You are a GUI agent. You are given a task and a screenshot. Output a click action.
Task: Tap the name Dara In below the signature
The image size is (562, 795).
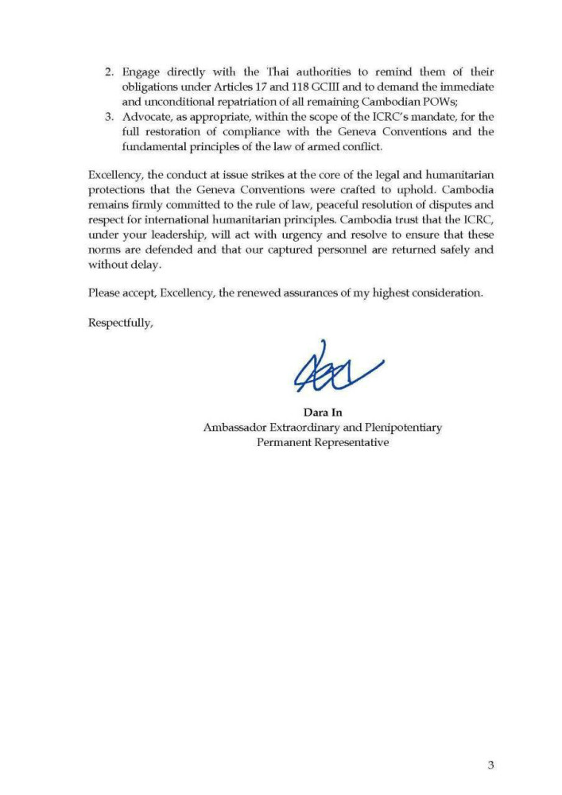[x=323, y=412]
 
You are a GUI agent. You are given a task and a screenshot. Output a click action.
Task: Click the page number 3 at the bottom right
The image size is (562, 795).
[x=490, y=766]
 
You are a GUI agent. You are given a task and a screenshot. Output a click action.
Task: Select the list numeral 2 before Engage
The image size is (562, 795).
[x=110, y=71]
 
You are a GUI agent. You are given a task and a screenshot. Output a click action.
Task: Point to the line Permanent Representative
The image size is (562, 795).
[x=323, y=442]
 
